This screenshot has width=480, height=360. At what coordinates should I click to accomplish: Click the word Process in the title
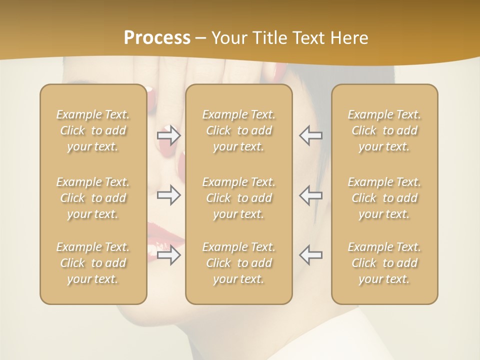pyautogui.click(x=157, y=38)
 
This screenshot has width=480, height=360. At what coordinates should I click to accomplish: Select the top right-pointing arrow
pyautogui.click(x=169, y=135)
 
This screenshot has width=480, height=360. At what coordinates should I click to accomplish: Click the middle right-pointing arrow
pyautogui.click(x=169, y=195)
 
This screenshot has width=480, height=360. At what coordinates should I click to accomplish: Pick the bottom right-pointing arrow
pyautogui.click(x=169, y=255)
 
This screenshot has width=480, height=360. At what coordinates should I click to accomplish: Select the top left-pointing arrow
pyautogui.click(x=311, y=135)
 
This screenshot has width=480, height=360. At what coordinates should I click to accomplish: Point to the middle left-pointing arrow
pyautogui.click(x=311, y=195)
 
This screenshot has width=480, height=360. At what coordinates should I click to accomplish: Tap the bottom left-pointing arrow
pyautogui.click(x=311, y=255)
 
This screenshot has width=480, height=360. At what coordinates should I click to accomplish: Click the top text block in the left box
pyautogui.click(x=93, y=130)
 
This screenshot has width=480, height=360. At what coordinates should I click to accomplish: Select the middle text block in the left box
pyautogui.click(x=93, y=198)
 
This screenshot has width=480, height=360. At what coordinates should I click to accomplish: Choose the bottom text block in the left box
pyautogui.click(x=93, y=263)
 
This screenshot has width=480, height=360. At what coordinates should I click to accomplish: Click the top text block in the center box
pyautogui.click(x=238, y=130)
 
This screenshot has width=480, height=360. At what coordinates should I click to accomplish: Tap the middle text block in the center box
pyautogui.click(x=238, y=198)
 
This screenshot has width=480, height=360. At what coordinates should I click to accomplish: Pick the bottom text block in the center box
pyautogui.click(x=238, y=263)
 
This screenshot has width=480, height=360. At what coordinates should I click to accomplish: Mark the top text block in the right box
pyautogui.click(x=384, y=130)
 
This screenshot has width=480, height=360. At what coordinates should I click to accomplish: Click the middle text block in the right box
pyautogui.click(x=384, y=198)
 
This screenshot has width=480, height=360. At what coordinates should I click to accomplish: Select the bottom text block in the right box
pyautogui.click(x=384, y=263)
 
